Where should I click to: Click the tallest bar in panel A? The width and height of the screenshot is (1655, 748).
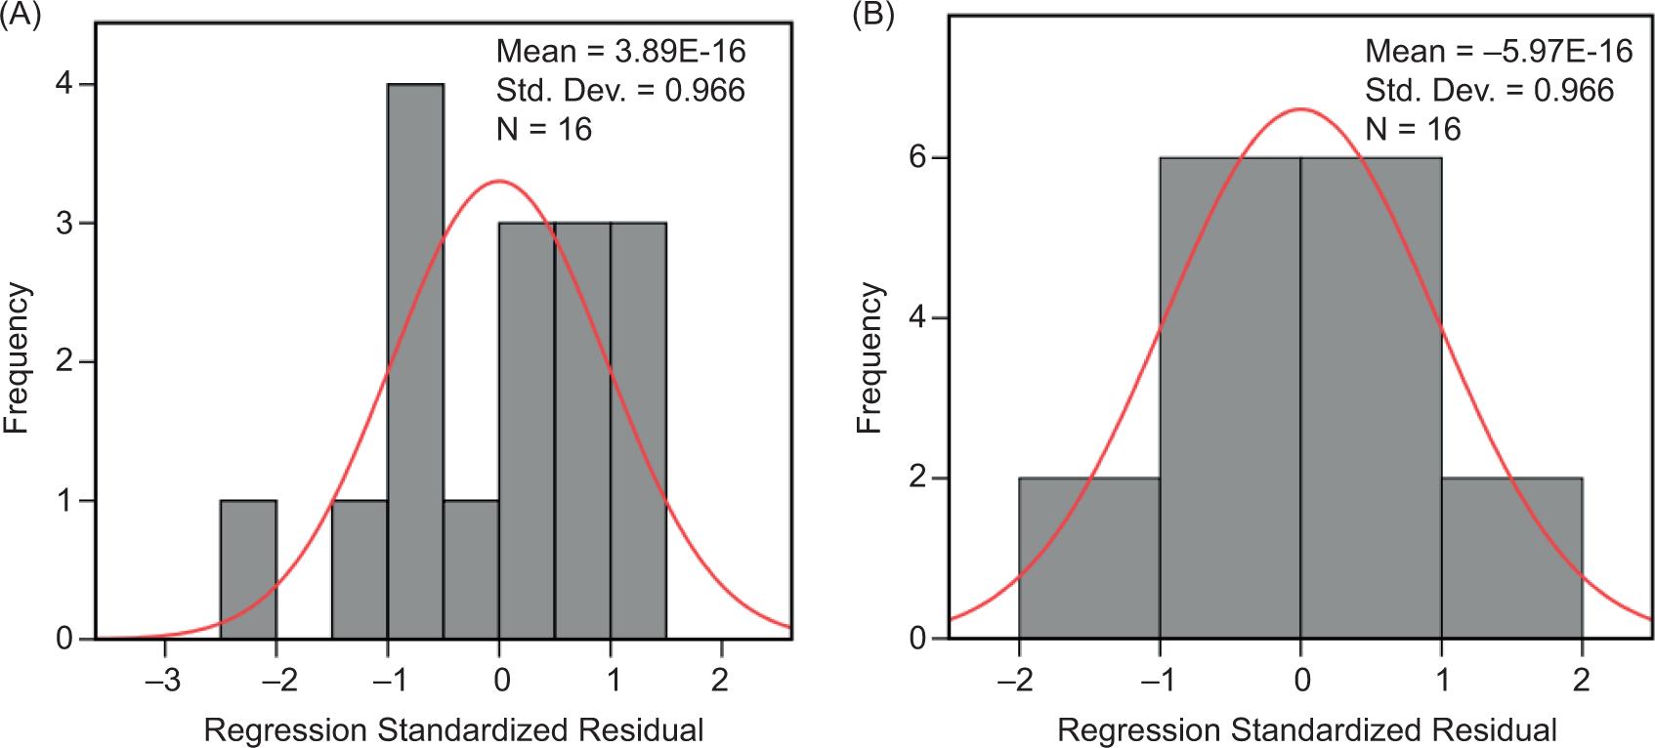click(415, 361)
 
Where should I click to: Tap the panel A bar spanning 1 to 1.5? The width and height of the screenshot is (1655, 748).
click(638, 431)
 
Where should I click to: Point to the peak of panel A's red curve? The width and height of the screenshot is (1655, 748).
click(499, 181)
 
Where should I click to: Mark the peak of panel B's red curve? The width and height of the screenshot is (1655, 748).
click(1300, 108)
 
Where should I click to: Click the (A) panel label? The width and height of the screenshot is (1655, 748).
click(20, 15)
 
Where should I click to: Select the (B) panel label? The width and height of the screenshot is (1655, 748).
click(872, 15)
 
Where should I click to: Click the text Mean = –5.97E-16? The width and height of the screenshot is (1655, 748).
click(1499, 51)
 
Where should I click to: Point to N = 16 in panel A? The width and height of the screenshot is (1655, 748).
click(544, 128)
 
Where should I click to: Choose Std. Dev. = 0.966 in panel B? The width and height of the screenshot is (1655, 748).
click(1489, 90)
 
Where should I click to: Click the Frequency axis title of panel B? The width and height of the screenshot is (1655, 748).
click(870, 358)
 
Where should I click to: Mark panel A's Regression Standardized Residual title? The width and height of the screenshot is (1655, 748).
click(452, 728)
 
